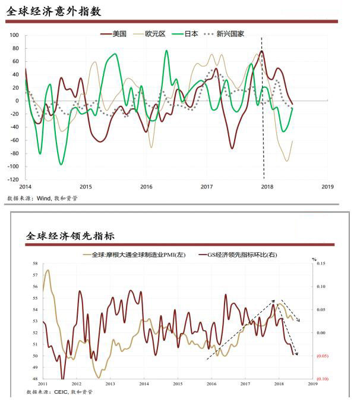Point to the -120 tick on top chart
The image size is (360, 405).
tap(13, 179)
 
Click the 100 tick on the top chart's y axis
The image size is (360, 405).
tap(14, 35)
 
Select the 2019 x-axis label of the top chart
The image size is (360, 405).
tap(327, 186)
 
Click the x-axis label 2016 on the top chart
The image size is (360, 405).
tap(146, 186)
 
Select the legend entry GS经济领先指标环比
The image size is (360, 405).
tap(241, 255)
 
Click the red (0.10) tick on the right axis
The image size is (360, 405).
tap(323, 379)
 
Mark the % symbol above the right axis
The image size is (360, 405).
tap(315, 259)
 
